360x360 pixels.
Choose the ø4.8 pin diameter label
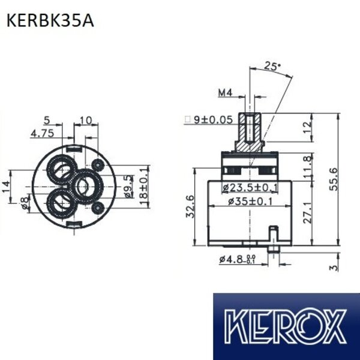(x=236, y=260)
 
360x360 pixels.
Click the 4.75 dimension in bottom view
(x=43, y=133)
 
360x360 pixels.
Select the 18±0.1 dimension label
(x=143, y=187)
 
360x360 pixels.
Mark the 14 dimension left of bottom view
(x=6, y=187)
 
